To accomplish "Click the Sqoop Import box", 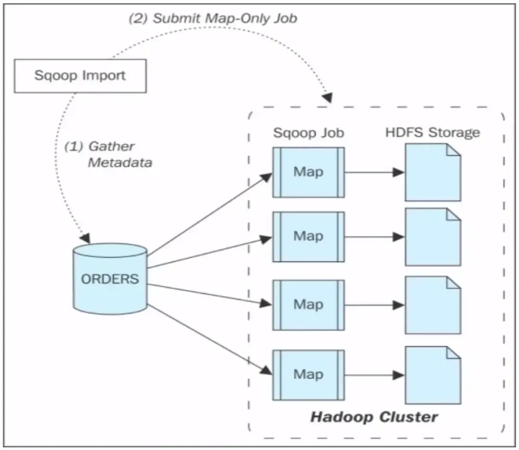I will click(80, 75).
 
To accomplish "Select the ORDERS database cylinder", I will click(110, 279).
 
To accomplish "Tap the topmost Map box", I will click(308, 172).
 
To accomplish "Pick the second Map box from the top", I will click(308, 236).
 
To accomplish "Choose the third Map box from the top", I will click(308, 304).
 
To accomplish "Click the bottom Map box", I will click(308, 374).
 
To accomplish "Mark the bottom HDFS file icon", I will click(432, 375).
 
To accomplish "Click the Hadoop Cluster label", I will click(374, 417).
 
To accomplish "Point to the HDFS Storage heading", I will click(432, 132).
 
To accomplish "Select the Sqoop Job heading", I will click(308, 133).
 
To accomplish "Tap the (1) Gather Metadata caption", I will click(108, 154).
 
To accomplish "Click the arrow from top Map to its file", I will click(374, 172).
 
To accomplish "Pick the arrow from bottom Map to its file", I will click(374, 374).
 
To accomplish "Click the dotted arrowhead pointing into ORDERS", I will click(86, 239).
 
